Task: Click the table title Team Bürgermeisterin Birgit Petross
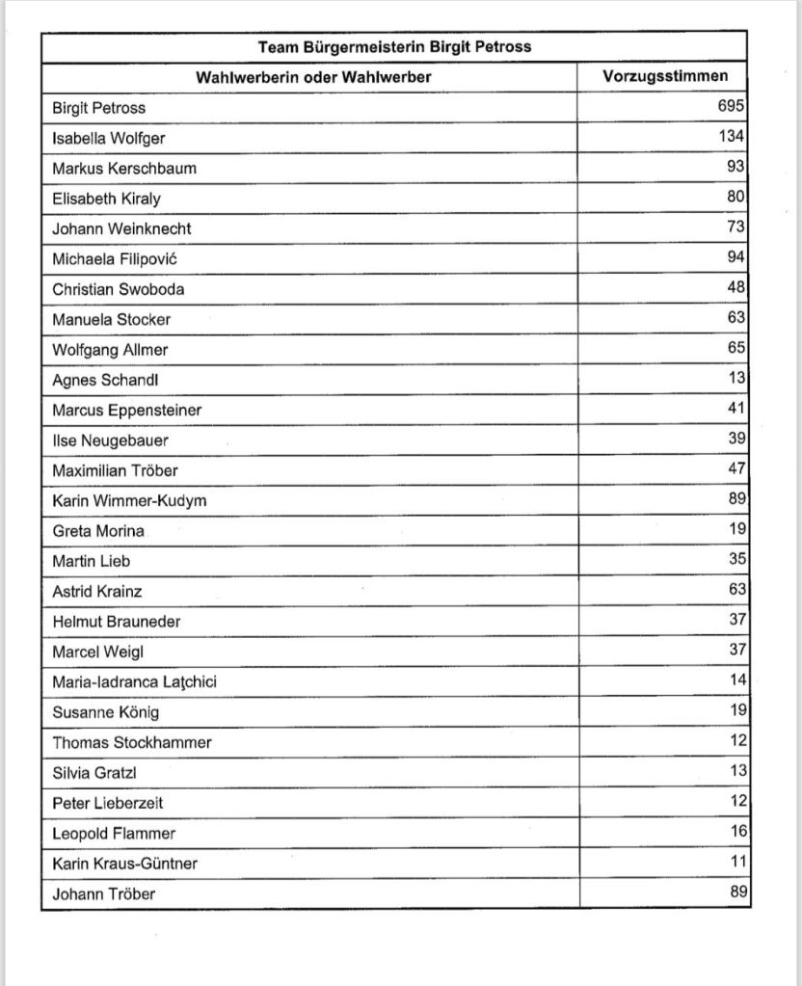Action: tap(394, 46)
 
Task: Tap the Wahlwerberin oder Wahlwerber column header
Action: tap(313, 77)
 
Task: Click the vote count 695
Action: tap(730, 107)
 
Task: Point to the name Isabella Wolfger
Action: tap(108, 138)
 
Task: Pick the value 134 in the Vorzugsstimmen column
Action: tap(730, 137)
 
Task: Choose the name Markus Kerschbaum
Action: tap(123, 168)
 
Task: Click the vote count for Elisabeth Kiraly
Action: tap(735, 198)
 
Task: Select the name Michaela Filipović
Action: tap(115, 259)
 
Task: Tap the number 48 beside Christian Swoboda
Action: tap(735, 288)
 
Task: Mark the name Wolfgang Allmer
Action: tap(110, 349)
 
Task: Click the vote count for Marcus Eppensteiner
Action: tap(735, 409)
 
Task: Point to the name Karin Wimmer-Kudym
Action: tap(129, 501)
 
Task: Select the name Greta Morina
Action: tap(97, 531)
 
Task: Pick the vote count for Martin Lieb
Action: tap(735, 559)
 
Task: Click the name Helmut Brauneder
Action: tap(116, 622)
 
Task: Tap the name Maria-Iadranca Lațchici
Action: tap(134, 682)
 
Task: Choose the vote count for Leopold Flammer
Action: tap(735, 832)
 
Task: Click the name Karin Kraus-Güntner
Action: tap(124, 864)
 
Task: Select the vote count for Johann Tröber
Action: tap(735, 893)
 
